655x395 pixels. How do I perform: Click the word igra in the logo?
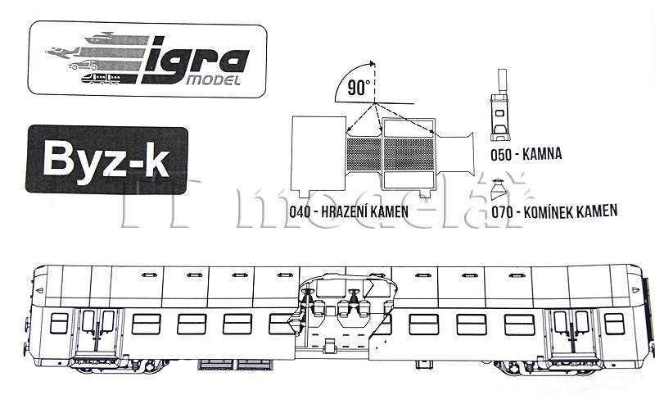pyautogui.click(x=196, y=59)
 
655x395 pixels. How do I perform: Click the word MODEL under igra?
pyautogui.click(x=214, y=80)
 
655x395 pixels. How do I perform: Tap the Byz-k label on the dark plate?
pyautogui.click(x=106, y=159)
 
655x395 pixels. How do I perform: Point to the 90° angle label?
pyautogui.click(x=359, y=89)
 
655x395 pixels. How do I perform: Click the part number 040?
pyautogui.click(x=300, y=211)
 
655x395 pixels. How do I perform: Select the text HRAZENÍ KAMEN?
pyautogui.click(x=364, y=211)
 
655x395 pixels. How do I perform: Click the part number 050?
pyautogui.click(x=501, y=155)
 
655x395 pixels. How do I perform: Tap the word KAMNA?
pyautogui.click(x=542, y=154)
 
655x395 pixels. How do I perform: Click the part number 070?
pyautogui.click(x=502, y=212)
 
